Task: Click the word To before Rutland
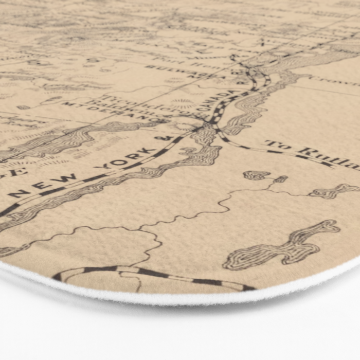pos(278,146)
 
